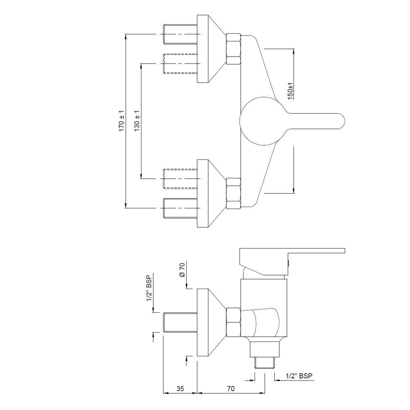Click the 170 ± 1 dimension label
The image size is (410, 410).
tap(121, 121)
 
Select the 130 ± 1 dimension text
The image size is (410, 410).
tap(137, 121)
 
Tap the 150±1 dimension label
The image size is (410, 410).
tap(290, 91)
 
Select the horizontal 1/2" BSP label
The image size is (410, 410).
tap(301, 376)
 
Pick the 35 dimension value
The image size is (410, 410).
tap(180, 388)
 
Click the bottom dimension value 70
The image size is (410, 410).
tap(230, 388)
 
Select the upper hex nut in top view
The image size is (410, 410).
tap(233, 48)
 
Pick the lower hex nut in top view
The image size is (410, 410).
tap(233, 193)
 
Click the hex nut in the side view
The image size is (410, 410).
tap(233, 322)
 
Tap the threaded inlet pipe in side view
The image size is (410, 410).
tap(180, 322)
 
